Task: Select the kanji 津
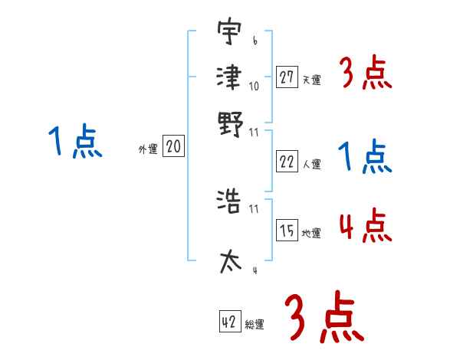[230, 77]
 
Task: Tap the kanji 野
[230, 123]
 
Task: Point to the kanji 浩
[230, 201]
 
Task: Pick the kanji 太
[230, 260]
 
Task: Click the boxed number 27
[287, 77]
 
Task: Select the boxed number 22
[287, 162]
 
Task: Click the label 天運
[311, 80]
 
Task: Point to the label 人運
[311, 164]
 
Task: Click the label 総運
[254, 325]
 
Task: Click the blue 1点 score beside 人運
[365, 158]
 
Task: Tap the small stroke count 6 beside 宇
[254, 41]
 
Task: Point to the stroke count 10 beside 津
[255, 86]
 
